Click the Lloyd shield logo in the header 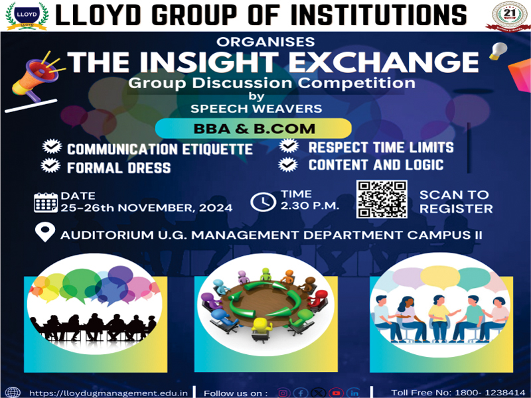[x=27, y=16]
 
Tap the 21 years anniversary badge [x=508, y=16]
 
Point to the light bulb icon [x=498, y=51]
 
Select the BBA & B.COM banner [x=254, y=129]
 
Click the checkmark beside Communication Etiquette [x=52, y=147]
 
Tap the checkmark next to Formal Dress [x=51, y=165]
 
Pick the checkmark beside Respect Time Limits [x=289, y=145]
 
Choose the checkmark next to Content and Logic [x=288, y=164]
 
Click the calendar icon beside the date [x=46, y=202]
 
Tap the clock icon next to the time [x=263, y=202]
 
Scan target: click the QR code [x=382, y=199]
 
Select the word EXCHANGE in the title [x=384, y=62]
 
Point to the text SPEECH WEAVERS [x=256, y=109]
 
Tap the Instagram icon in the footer [x=283, y=393]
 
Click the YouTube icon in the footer [x=336, y=393]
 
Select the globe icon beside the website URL [x=13, y=393]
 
